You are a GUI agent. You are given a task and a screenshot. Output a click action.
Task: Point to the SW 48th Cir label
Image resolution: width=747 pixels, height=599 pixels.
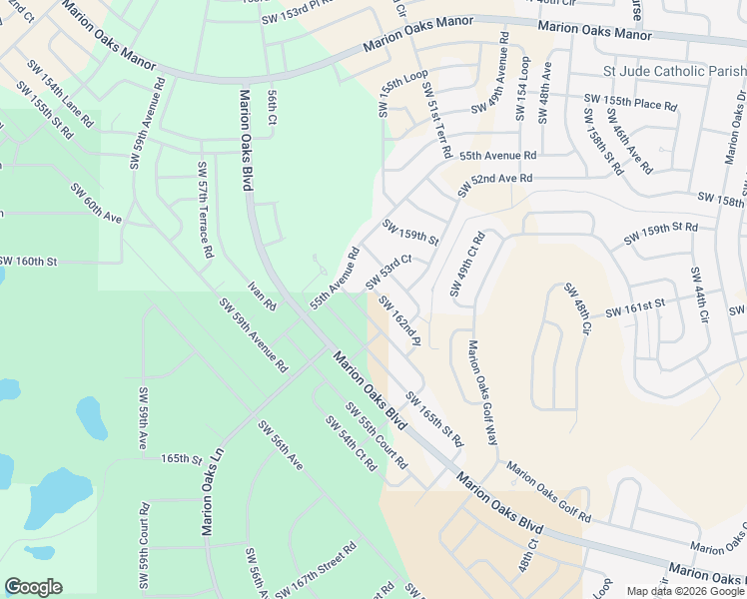(x=577, y=308)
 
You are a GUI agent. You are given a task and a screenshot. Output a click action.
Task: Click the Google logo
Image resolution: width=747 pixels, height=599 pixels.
(x=33, y=587)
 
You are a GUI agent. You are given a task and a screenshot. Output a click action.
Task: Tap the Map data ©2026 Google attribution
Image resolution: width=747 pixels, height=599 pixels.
(x=685, y=591)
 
